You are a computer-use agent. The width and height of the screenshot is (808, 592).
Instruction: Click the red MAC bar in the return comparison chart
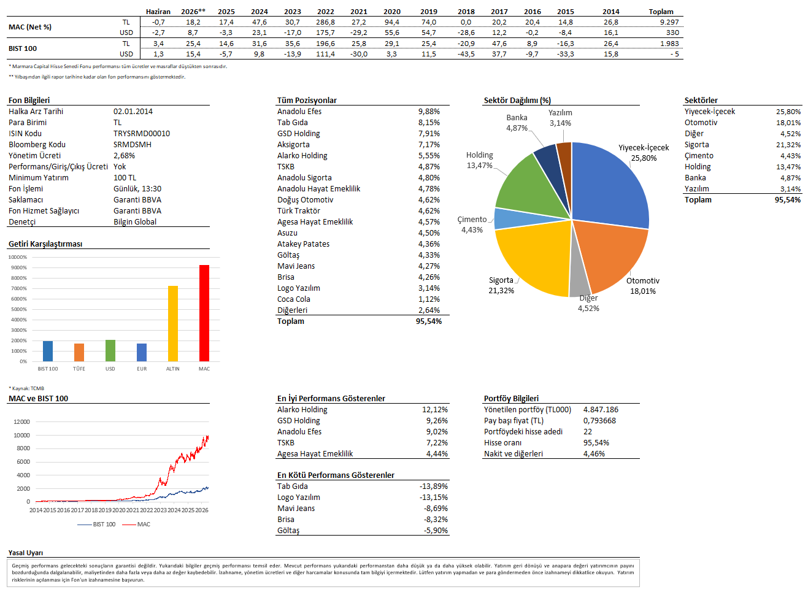point(204,313)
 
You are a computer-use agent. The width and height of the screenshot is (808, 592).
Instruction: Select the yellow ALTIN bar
point(173,323)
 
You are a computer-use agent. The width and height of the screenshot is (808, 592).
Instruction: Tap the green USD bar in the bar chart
point(110,351)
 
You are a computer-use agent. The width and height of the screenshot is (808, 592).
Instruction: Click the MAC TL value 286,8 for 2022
point(325,22)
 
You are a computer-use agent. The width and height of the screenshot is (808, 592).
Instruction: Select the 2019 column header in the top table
point(428,12)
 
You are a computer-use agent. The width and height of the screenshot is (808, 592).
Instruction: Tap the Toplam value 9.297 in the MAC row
point(669,22)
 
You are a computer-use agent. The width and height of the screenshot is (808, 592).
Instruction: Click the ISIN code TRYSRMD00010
point(141,134)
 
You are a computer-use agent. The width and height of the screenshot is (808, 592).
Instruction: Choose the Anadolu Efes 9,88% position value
point(429,112)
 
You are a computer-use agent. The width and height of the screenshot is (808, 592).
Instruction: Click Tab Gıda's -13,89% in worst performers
point(434,486)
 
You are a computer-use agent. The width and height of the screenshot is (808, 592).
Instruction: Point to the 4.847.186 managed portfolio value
point(601,409)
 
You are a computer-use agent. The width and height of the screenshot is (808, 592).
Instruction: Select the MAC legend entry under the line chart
point(136,524)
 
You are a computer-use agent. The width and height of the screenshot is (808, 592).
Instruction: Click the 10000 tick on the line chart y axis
point(21,435)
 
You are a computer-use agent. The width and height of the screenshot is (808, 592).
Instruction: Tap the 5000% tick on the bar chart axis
point(19,309)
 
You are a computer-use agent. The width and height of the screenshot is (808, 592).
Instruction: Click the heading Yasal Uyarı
point(26,553)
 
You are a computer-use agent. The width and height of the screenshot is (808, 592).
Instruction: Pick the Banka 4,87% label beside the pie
point(517,123)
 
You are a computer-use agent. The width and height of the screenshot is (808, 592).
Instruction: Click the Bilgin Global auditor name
point(135,222)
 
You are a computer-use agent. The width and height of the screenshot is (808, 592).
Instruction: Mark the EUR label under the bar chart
point(142,369)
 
